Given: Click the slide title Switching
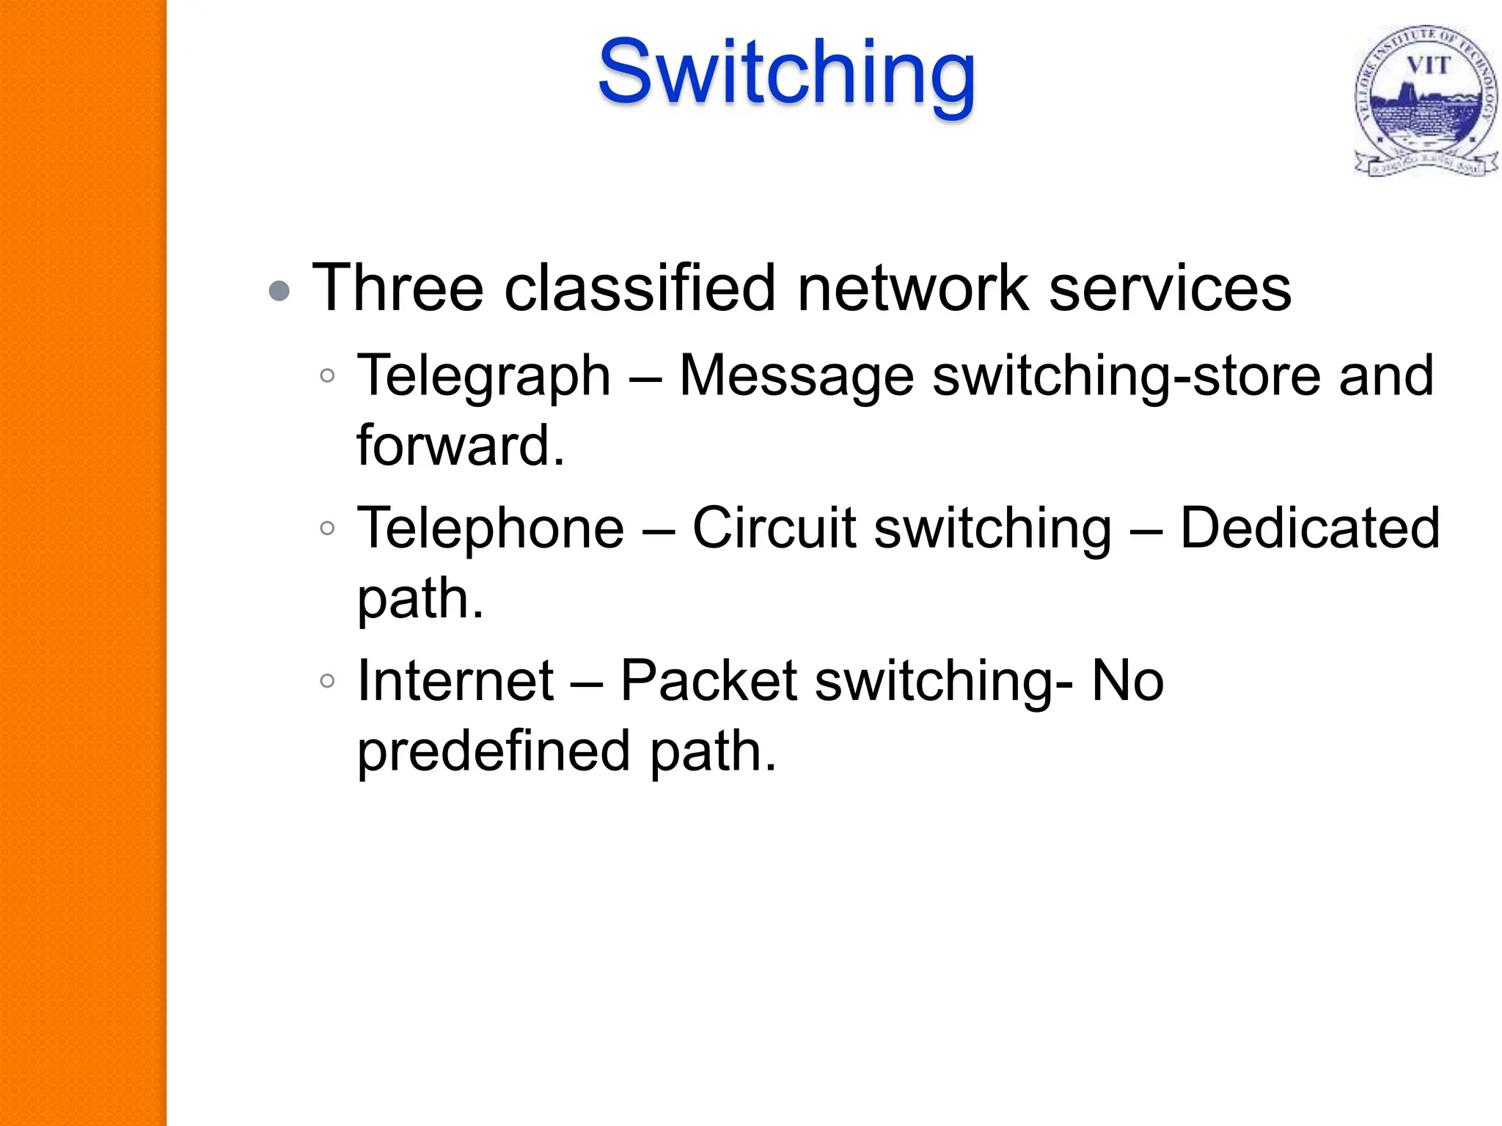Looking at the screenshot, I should [x=786, y=73].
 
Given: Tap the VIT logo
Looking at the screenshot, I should [x=1424, y=101].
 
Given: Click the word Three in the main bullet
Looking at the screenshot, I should [x=398, y=287].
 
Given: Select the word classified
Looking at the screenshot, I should [x=640, y=287].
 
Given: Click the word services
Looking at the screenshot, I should [x=1170, y=287].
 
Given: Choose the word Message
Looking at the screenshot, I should [x=796, y=375].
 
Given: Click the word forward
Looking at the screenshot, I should [x=460, y=445].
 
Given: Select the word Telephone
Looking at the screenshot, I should [x=490, y=528].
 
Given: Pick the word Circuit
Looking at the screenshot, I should [x=774, y=528].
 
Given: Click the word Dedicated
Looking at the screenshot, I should [x=1310, y=528].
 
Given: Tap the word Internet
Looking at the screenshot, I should [x=455, y=680].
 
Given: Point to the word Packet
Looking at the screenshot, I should [x=708, y=680].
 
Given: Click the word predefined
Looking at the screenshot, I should [x=494, y=751].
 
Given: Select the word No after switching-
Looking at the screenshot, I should [x=1127, y=680].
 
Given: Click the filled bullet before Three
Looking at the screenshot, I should [x=279, y=291].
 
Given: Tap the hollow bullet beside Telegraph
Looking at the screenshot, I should [x=327, y=376].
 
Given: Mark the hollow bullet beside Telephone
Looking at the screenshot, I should [x=327, y=528].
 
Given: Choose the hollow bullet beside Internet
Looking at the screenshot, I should [x=327, y=680].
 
